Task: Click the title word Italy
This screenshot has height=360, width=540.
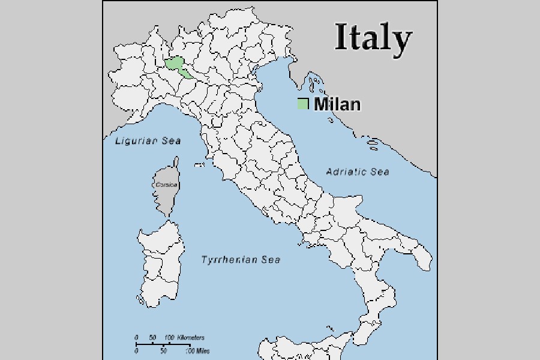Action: (x=373, y=38)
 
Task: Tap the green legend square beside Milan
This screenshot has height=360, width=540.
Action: (x=303, y=104)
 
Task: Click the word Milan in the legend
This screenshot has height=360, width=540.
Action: (x=338, y=104)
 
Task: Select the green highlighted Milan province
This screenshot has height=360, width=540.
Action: (x=176, y=65)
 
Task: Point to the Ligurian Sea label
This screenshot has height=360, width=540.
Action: (x=148, y=141)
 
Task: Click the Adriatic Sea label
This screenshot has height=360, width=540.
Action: (x=357, y=172)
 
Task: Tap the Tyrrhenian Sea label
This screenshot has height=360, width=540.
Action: (x=240, y=260)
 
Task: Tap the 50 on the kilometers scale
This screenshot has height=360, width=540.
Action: (x=152, y=338)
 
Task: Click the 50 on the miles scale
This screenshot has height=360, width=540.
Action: (x=163, y=351)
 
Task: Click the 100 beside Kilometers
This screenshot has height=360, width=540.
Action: (x=169, y=338)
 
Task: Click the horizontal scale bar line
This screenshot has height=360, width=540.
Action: (x=162, y=344)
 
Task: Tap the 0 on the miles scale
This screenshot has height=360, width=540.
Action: (x=136, y=351)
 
